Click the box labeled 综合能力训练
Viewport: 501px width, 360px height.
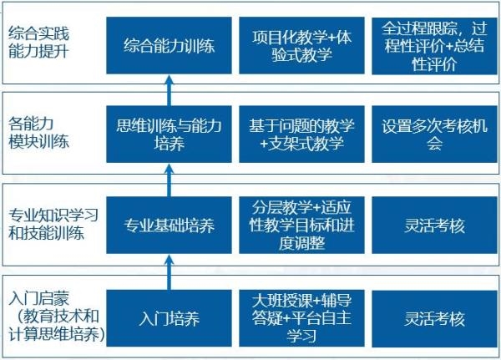click(169, 45)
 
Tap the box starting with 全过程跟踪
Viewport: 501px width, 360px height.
click(428, 45)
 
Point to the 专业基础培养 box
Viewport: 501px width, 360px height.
click(169, 226)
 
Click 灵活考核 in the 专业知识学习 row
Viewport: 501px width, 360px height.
click(428, 226)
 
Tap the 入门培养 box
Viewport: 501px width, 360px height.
click(169, 318)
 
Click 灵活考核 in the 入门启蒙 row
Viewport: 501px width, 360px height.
click(428, 318)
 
